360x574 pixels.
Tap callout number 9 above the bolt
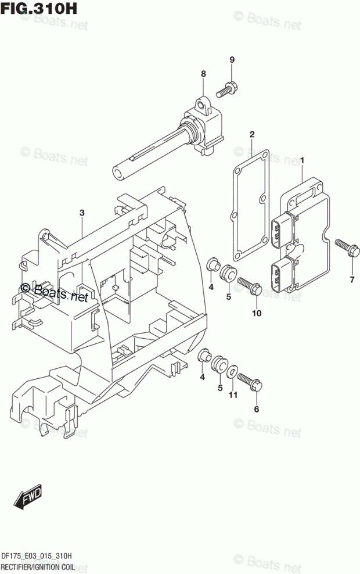[x=232, y=60]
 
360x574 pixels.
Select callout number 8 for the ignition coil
[x=203, y=74]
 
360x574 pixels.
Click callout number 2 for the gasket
[x=252, y=135]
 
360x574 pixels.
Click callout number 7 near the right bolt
[x=352, y=281]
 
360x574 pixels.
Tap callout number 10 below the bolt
[x=257, y=314]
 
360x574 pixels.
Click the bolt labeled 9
[x=226, y=90]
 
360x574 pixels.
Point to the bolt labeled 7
[x=345, y=249]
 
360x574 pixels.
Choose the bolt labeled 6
[x=249, y=381]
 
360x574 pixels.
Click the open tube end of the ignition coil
[x=119, y=172]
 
